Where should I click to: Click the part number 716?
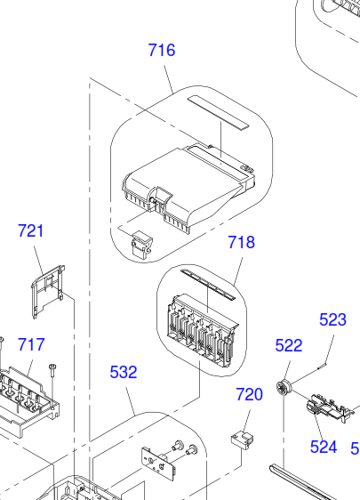click(162, 51)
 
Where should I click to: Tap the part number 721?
click(30, 230)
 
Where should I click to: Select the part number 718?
click(241, 242)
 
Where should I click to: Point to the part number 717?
click(31, 344)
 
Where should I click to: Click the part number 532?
click(124, 372)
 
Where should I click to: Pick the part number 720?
click(249, 394)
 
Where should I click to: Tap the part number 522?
click(289, 346)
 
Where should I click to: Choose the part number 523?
click(332, 319)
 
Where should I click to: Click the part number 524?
click(324, 447)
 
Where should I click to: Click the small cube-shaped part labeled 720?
click(242, 440)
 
